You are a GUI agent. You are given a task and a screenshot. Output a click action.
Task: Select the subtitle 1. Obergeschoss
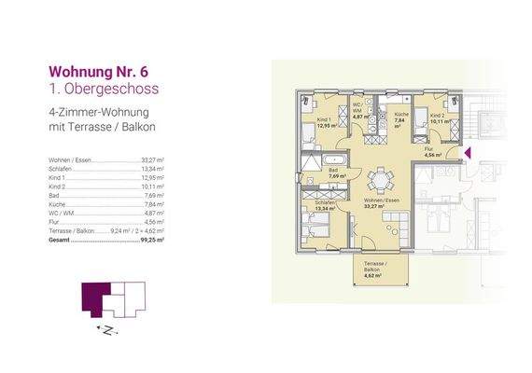tap(105, 89)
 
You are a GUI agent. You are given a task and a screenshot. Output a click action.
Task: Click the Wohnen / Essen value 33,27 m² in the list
tap(152, 160)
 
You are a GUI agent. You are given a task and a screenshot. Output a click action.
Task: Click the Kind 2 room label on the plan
tap(437, 117)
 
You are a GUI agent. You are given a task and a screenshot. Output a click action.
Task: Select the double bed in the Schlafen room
tap(312, 224)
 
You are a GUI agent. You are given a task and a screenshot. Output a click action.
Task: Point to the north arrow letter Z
tap(107, 330)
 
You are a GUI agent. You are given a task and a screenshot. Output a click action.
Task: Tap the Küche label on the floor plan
tap(399, 118)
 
